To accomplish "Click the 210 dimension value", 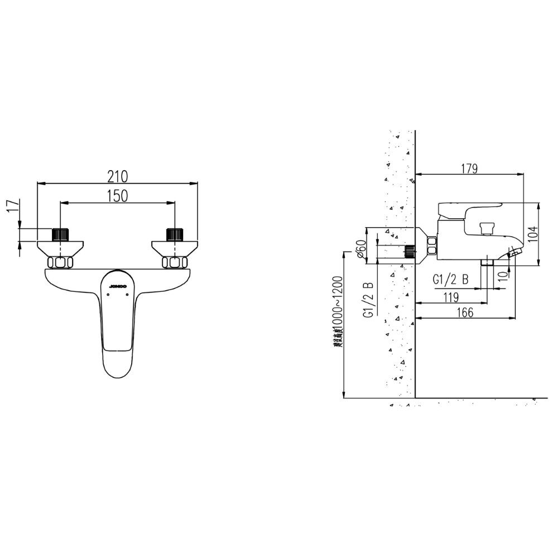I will (118, 176).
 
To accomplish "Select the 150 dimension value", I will (118, 196).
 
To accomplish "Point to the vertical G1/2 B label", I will (368, 299).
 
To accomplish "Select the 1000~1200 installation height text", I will (337, 311).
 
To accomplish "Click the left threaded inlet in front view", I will (60, 234).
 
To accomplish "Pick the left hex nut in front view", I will (60, 262).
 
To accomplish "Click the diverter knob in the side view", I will (487, 227).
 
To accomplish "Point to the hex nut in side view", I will (431, 245).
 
